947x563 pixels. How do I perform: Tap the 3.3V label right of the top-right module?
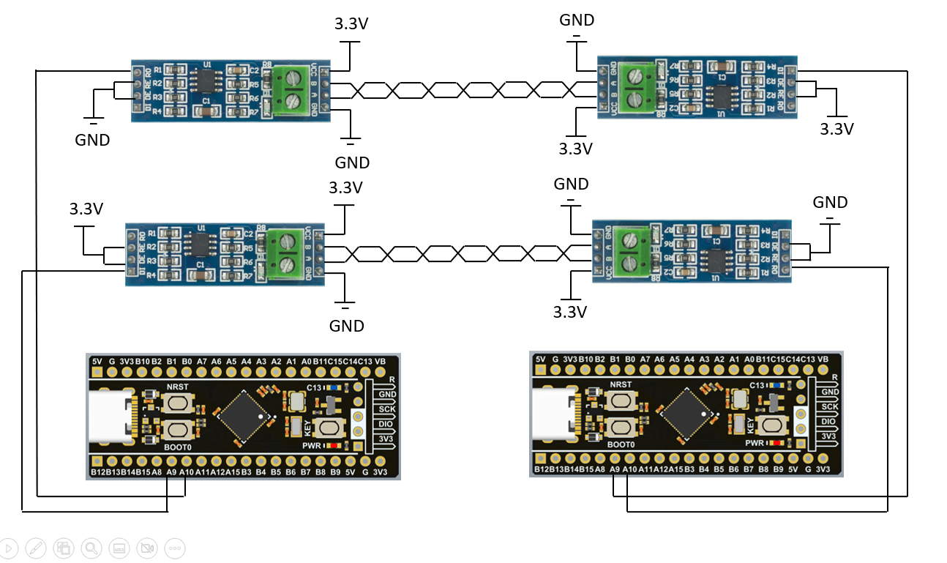click(x=836, y=130)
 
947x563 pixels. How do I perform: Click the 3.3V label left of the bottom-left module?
click(x=86, y=209)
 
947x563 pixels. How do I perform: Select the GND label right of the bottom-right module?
click(x=830, y=203)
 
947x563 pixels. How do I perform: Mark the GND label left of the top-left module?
click(x=92, y=140)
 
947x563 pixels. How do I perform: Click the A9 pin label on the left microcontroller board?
click(x=171, y=473)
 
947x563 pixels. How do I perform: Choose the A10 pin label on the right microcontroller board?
click(x=629, y=469)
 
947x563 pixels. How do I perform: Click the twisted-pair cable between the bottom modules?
click(x=457, y=254)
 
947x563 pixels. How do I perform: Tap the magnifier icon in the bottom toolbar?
click(x=91, y=548)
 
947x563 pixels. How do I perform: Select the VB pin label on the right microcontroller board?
click(x=823, y=359)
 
